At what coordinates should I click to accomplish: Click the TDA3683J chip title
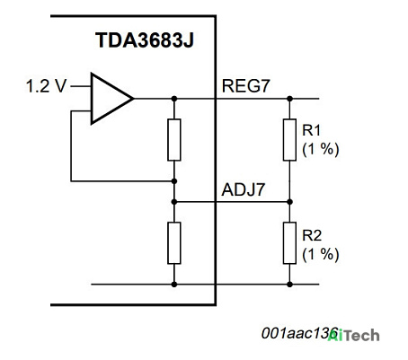(145, 40)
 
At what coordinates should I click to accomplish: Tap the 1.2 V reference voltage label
(46, 86)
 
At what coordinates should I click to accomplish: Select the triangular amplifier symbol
(111, 99)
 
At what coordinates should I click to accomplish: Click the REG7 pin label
(245, 86)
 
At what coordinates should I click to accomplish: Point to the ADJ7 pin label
(244, 189)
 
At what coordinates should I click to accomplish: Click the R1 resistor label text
(312, 130)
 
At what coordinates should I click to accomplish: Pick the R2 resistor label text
(312, 235)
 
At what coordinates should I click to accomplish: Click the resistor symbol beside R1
(289, 140)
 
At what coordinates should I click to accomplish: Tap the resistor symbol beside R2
(289, 243)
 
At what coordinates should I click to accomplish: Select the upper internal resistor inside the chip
(174, 140)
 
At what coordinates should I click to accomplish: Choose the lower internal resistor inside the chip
(174, 243)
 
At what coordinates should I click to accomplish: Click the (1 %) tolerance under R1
(321, 149)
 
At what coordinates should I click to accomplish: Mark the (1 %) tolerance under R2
(321, 255)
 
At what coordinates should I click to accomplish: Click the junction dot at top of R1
(289, 99)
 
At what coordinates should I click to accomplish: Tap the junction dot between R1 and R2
(289, 202)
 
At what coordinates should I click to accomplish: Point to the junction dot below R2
(289, 285)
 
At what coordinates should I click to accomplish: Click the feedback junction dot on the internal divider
(174, 181)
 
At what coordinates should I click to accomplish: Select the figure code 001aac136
(299, 333)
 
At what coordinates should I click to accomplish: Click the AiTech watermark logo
(353, 335)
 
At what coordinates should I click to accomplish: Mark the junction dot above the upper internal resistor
(174, 99)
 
